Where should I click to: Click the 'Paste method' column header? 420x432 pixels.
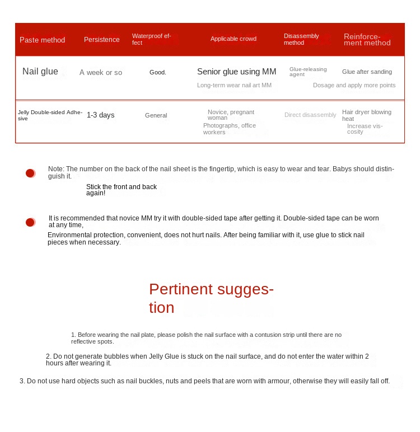pos(42,40)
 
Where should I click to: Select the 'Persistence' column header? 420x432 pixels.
pos(101,40)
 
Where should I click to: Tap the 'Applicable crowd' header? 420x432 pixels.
pos(233,39)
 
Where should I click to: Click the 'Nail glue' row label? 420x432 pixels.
pos(40,72)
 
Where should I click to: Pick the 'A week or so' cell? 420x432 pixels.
pos(100,73)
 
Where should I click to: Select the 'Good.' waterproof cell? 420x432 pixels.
pos(157,73)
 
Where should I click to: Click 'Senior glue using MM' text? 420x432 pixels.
pos(236,72)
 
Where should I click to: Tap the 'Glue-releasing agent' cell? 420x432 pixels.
pos(307,72)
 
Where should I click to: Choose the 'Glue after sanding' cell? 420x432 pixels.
pos(367,72)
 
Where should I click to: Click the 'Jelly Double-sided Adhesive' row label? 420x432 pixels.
pos(50,115)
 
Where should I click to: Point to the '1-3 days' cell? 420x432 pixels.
pos(100,115)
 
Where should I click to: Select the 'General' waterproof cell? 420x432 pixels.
pos(156,115)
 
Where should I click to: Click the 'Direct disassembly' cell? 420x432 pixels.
pos(310,115)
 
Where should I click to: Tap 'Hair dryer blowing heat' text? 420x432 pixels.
pos(366,115)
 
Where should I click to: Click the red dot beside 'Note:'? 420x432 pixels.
pos(30,173)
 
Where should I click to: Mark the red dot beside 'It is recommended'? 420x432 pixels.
pos(30,223)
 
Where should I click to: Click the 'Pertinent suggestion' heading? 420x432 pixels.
pos(211,298)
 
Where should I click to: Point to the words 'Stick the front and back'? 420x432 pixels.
pos(122,187)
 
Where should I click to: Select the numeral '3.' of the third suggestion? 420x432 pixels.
pos(22,381)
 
